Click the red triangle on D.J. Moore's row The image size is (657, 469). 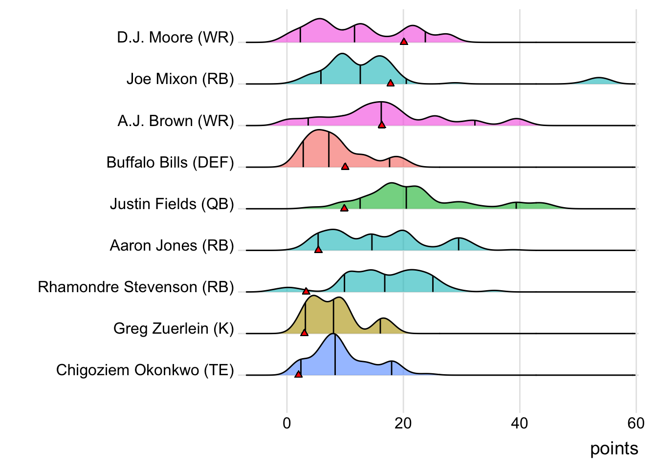pyautogui.click(x=404, y=42)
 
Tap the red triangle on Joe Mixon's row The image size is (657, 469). pyautogui.click(x=390, y=83)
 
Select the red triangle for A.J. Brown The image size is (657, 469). pyautogui.click(x=382, y=125)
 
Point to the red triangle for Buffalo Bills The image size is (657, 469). pyautogui.click(x=345, y=166)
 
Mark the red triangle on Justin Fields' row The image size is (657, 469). pyautogui.click(x=344, y=208)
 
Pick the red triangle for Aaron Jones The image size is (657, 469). pyautogui.click(x=318, y=249)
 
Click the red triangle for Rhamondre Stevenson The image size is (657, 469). pyautogui.click(x=306, y=291)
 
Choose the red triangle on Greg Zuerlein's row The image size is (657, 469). pyautogui.click(x=304, y=332)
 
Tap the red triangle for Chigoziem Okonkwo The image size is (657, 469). pyautogui.click(x=298, y=374)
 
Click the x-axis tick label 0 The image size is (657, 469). pyautogui.click(x=287, y=423)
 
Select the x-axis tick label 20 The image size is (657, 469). pyautogui.click(x=403, y=423)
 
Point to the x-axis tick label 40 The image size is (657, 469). pyautogui.click(x=520, y=423)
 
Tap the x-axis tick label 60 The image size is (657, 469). pyautogui.click(x=636, y=423)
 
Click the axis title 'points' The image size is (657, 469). pyautogui.click(x=614, y=448)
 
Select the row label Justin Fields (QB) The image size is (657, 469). pyautogui.click(x=172, y=204)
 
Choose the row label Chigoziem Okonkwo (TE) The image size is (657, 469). pyautogui.click(x=145, y=370)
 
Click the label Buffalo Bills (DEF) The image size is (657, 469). pyautogui.click(x=170, y=162)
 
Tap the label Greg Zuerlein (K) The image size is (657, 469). pyautogui.click(x=174, y=328)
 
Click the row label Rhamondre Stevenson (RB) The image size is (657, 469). pyautogui.click(x=136, y=287)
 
